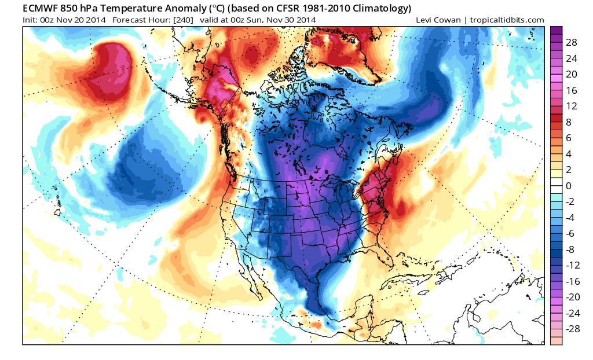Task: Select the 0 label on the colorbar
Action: (x=569, y=186)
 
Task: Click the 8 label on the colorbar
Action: (x=569, y=123)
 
